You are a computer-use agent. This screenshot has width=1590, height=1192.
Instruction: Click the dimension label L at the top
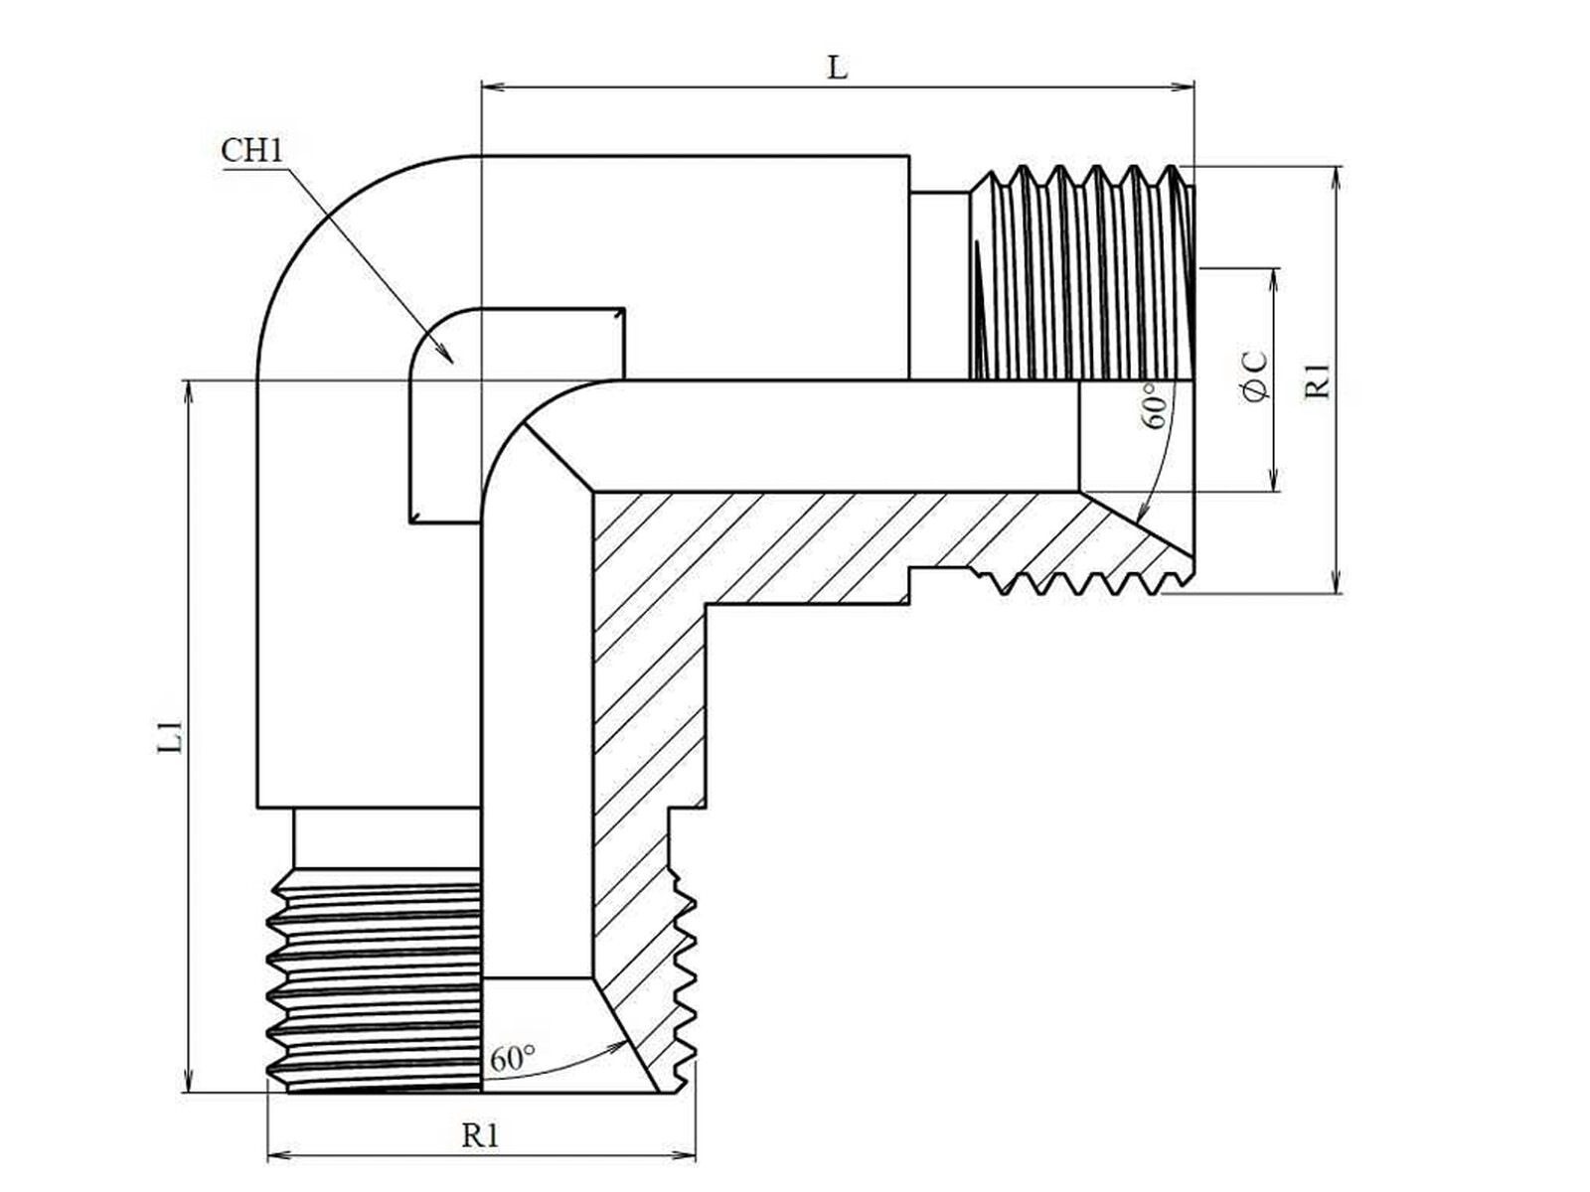(x=838, y=68)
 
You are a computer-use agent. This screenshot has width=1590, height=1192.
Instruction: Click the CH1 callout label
(x=252, y=151)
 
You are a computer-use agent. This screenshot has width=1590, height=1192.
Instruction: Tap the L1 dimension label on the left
(x=172, y=735)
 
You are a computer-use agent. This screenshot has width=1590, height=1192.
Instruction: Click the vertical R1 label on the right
(x=1318, y=380)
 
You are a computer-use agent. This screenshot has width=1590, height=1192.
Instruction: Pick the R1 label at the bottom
(x=481, y=1134)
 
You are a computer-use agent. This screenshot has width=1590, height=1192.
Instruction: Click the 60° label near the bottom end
(x=512, y=1058)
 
